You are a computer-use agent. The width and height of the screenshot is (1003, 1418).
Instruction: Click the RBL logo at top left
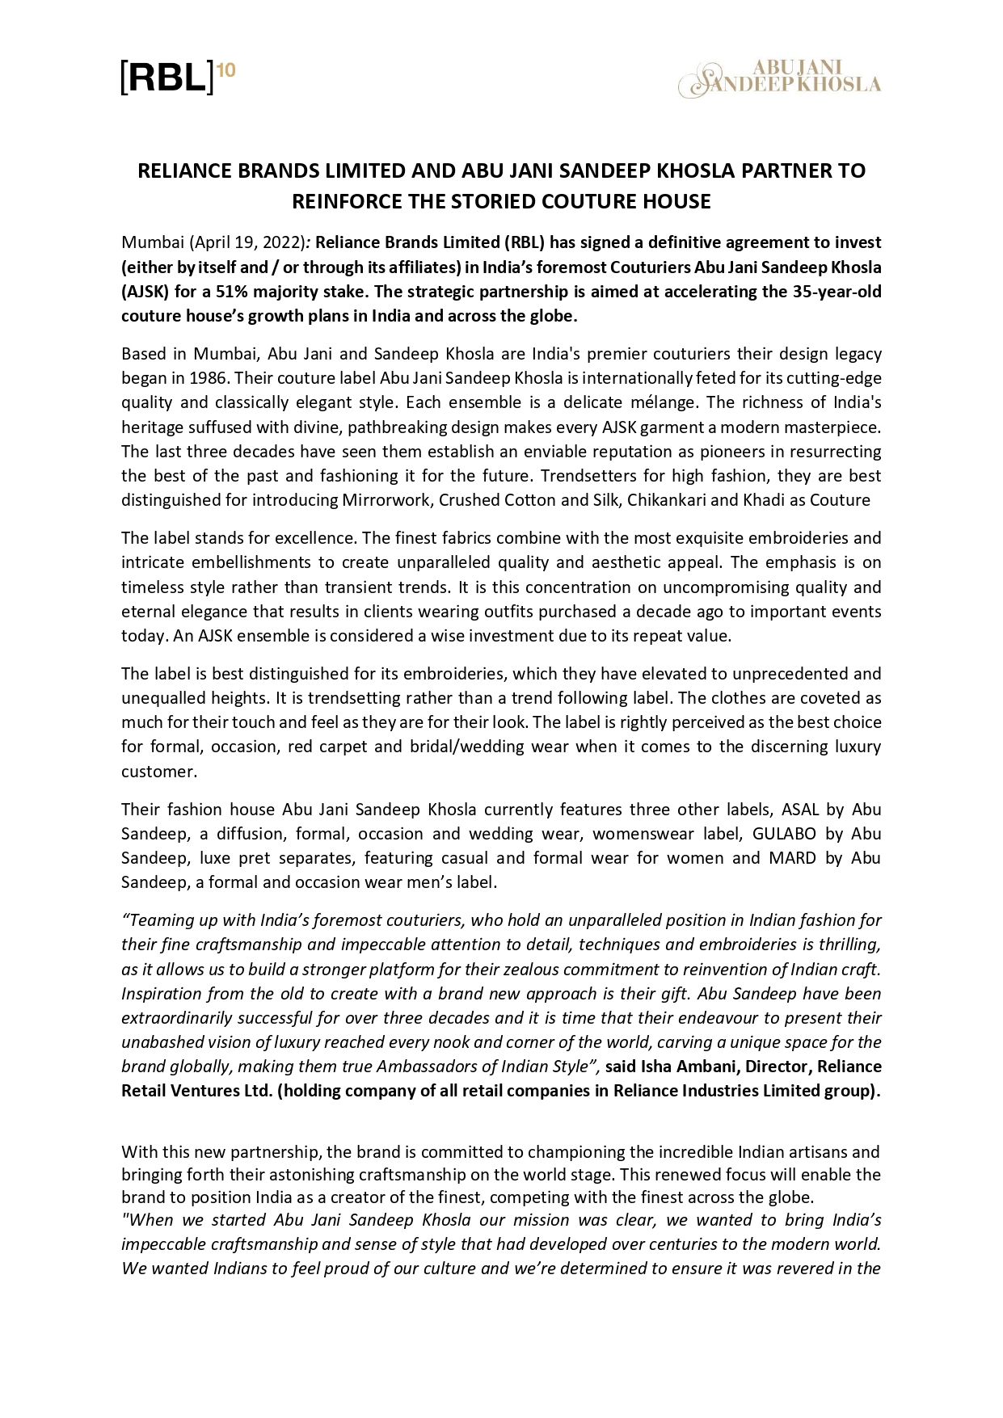[168, 78]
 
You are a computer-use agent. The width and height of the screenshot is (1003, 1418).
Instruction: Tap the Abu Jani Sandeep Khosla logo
[779, 79]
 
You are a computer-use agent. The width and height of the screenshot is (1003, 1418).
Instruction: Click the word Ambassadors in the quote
[422, 1067]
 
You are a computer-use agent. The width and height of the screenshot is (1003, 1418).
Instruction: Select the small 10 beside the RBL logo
[226, 71]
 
